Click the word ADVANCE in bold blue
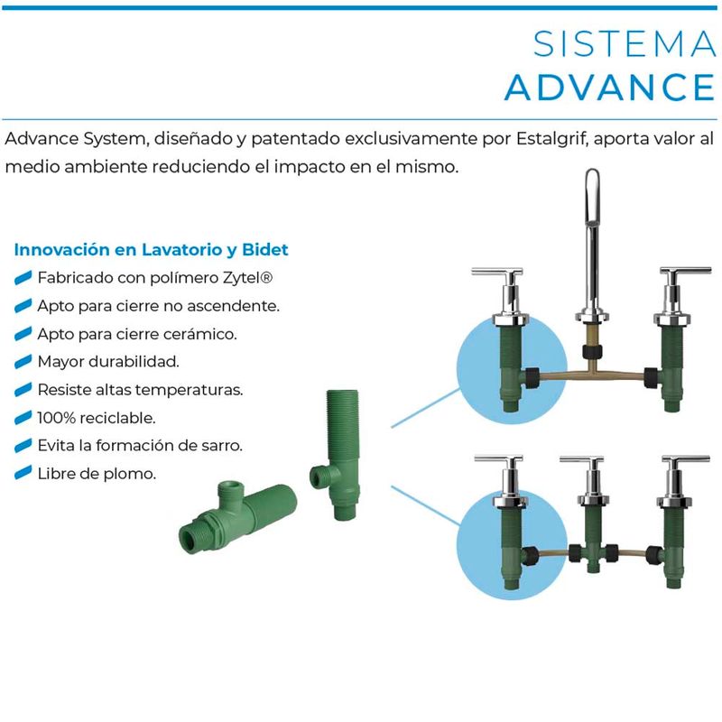pyautogui.click(x=610, y=88)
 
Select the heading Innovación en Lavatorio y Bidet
pyautogui.click(x=152, y=249)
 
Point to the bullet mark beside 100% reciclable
pyautogui.click(x=23, y=418)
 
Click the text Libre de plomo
pyautogui.click(x=97, y=473)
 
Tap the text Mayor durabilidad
pyautogui.click(x=108, y=361)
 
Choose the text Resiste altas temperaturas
pyautogui.click(x=141, y=390)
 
